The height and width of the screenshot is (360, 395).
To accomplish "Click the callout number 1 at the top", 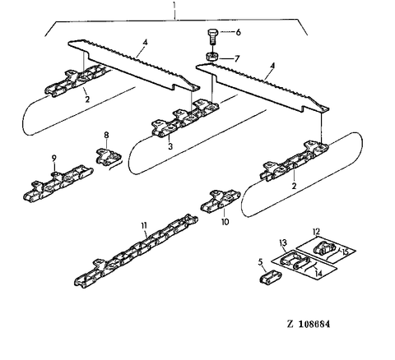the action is [x=174, y=6].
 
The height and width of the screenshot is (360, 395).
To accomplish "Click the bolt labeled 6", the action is [x=212, y=37].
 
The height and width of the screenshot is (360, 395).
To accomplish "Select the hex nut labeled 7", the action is [x=212, y=57].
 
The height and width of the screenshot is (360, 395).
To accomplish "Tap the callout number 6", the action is [x=238, y=32].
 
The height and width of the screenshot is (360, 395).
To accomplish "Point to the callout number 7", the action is [x=237, y=58].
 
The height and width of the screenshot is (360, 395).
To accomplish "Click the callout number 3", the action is [x=170, y=146].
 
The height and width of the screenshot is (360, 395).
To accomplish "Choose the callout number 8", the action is [x=106, y=135].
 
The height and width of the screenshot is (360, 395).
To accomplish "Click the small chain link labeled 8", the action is [x=109, y=156].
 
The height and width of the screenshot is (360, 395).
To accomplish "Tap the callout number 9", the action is [x=54, y=158].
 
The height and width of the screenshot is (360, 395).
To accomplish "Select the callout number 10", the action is [x=225, y=222].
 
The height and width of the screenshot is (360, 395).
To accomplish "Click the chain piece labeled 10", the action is [x=221, y=201].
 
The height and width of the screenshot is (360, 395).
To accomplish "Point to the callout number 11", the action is [x=144, y=225].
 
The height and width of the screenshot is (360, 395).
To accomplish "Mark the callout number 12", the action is [x=316, y=232].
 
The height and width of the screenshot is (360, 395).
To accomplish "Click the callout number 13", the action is [x=283, y=242].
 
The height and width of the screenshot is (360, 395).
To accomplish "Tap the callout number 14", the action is [x=318, y=274].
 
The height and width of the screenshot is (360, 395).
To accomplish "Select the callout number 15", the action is [x=345, y=252].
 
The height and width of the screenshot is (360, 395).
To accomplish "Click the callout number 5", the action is [x=261, y=262].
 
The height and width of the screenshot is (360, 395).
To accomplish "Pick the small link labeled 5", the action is [x=270, y=276].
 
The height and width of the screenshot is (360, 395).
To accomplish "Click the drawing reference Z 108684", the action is [x=309, y=324].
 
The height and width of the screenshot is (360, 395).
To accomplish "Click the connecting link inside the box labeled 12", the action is [x=324, y=247].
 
